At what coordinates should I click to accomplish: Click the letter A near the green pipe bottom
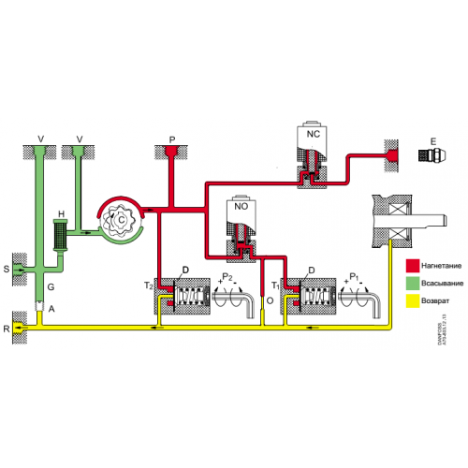click(51, 308)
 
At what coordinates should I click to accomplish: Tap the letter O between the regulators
click(270, 301)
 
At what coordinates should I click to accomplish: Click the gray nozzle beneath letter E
click(431, 155)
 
